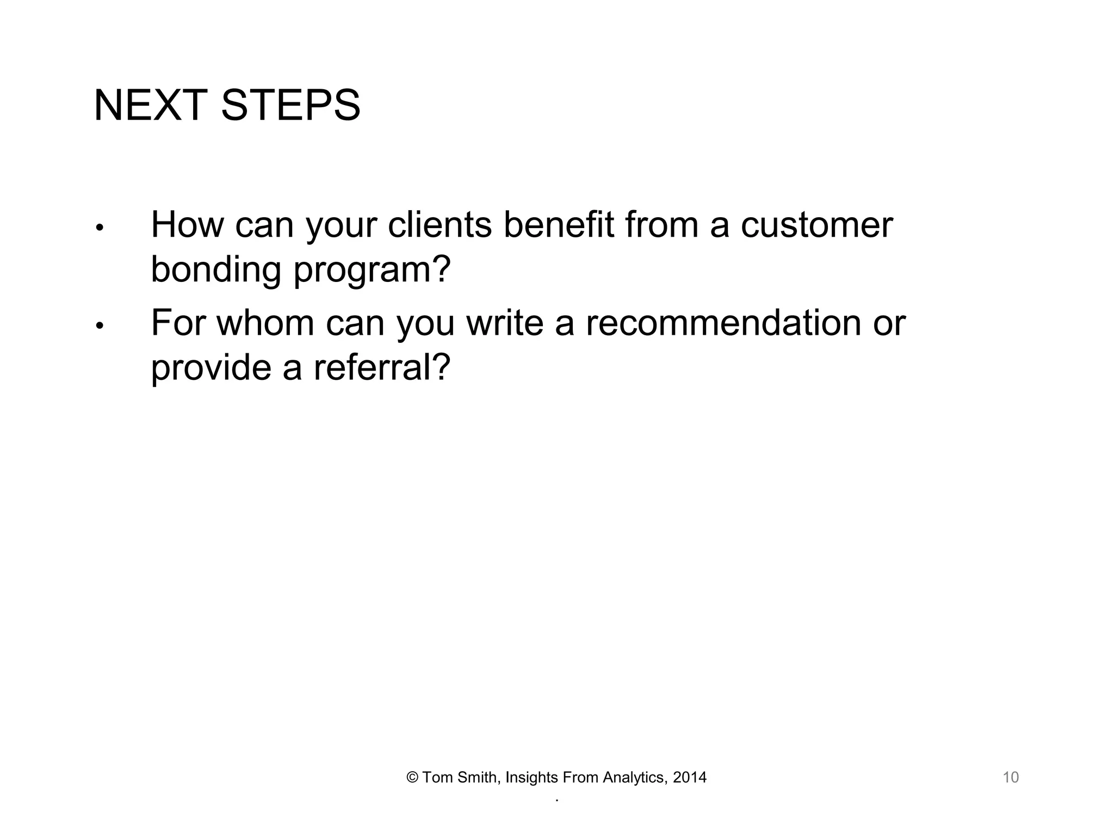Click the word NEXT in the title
point(151,105)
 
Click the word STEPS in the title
point(290,105)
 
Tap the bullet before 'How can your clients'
point(99,228)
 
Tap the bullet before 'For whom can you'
point(99,326)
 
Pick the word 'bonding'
point(216,270)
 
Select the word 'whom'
point(265,323)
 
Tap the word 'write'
point(505,323)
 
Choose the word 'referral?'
point(382,367)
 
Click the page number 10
point(1010,777)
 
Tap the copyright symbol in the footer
point(412,778)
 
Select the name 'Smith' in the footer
point(477,777)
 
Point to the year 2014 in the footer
point(690,777)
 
